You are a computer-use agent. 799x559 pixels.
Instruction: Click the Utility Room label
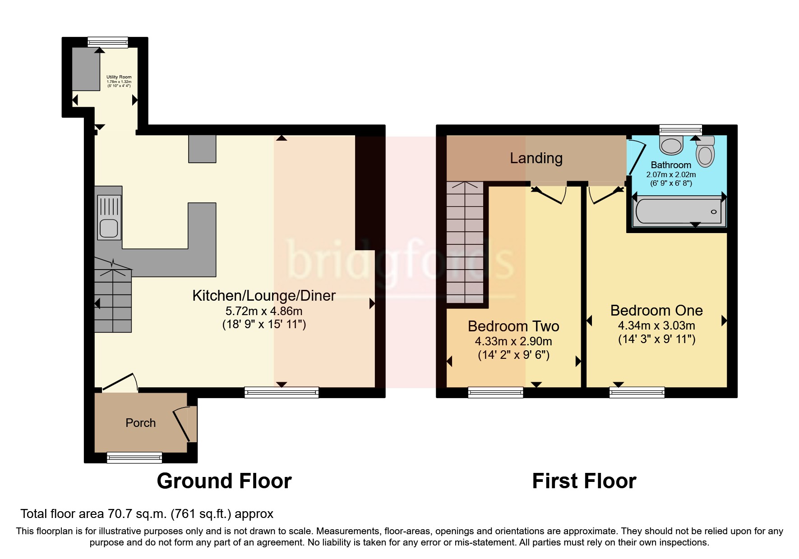(119, 77)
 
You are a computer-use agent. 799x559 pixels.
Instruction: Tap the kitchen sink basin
(109, 228)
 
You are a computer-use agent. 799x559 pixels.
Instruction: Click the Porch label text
(140, 423)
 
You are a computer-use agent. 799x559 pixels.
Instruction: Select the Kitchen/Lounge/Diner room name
(264, 296)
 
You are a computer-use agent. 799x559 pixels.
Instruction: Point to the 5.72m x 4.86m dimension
(264, 311)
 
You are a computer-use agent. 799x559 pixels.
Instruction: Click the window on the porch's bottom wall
(134, 458)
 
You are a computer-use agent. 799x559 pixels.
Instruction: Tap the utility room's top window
(107, 42)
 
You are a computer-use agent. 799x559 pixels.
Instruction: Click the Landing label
(536, 158)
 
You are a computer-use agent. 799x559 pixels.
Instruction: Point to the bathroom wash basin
(671, 145)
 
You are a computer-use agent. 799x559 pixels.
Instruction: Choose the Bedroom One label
(656, 311)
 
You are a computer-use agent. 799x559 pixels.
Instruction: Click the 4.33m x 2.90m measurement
(513, 341)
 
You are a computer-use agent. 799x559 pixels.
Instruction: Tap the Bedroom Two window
(495, 393)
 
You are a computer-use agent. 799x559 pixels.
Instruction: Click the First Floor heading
(584, 481)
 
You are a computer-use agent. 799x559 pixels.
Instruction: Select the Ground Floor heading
(224, 481)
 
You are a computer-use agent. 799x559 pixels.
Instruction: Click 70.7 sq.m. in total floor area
(128, 514)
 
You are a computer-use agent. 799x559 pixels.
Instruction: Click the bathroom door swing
(636, 157)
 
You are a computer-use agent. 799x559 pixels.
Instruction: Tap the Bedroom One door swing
(605, 194)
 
